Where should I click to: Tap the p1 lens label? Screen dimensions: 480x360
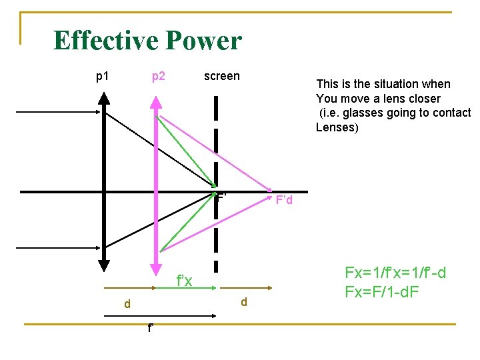[103, 77]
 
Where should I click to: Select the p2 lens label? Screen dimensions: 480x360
[159, 77]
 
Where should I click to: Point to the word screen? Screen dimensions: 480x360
[221, 76]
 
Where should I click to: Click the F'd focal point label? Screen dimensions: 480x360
[284, 201]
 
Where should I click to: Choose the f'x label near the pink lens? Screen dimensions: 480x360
[184, 281]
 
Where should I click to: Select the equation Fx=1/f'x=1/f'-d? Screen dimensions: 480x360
[395, 273]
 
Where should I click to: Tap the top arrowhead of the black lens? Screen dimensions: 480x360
[105, 96]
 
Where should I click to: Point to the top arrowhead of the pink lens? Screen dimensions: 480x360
[156, 102]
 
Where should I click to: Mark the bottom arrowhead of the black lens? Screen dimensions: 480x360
[105, 267]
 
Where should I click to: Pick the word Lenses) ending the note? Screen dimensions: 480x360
[337, 127]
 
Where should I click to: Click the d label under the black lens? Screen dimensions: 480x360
[127, 304]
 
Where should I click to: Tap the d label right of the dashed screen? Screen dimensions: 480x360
[243, 302]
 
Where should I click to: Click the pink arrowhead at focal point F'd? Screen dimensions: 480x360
[269, 190]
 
